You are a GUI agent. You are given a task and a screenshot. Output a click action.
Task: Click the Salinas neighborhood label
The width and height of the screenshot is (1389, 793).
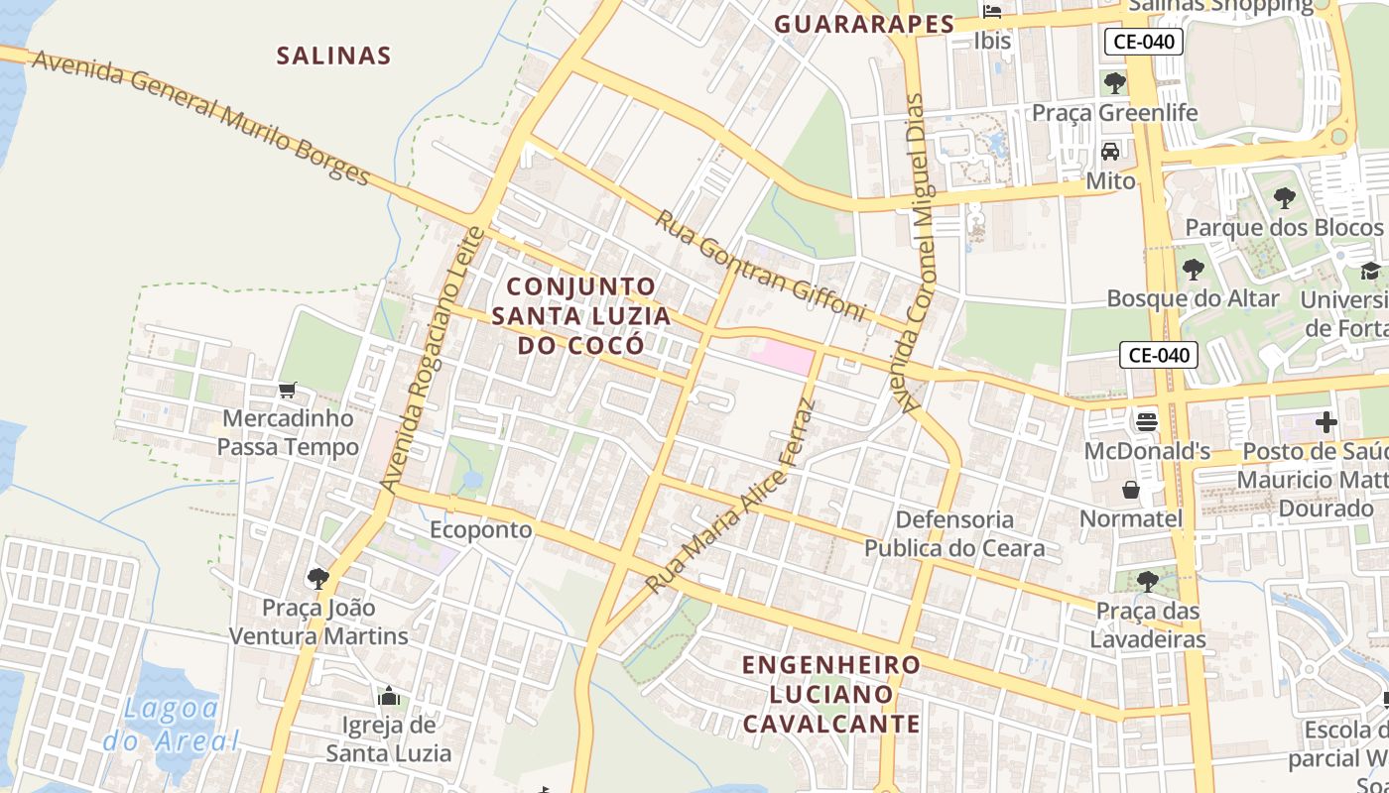(x=333, y=56)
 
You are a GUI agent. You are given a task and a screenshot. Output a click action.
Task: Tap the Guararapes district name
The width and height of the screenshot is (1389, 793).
(x=864, y=24)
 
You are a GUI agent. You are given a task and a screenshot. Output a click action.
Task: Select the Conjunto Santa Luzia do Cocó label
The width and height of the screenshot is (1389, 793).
(x=580, y=315)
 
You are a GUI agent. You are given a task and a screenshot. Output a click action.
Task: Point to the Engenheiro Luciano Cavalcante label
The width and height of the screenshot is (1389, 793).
(x=831, y=694)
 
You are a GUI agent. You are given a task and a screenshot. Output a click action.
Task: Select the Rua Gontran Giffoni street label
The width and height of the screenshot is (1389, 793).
(x=760, y=265)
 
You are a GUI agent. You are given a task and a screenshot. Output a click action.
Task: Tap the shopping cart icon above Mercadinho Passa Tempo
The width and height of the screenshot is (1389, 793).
(x=288, y=391)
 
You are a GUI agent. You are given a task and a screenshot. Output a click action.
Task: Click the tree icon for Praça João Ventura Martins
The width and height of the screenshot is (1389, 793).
(x=318, y=578)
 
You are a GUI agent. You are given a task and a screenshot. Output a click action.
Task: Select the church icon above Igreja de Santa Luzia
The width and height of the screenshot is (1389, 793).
(x=389, y=697)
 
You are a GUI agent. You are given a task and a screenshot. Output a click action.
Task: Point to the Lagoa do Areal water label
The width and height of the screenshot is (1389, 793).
(x=171, y=724)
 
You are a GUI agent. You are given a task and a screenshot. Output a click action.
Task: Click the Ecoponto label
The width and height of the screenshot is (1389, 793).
(x=480, y=529)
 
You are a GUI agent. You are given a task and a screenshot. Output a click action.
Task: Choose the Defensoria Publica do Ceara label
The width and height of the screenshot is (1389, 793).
(x=954, y=533)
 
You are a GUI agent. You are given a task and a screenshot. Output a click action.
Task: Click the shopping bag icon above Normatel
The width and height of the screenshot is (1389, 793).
(x=1131, y=490)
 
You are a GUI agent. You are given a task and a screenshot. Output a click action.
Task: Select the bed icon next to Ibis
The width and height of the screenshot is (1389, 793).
(x=992, y=12)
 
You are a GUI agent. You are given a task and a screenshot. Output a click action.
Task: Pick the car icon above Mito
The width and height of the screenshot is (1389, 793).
(x=1110, y=152)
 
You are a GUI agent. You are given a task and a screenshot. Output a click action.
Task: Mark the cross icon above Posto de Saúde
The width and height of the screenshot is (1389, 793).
(x=1326, y=423)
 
